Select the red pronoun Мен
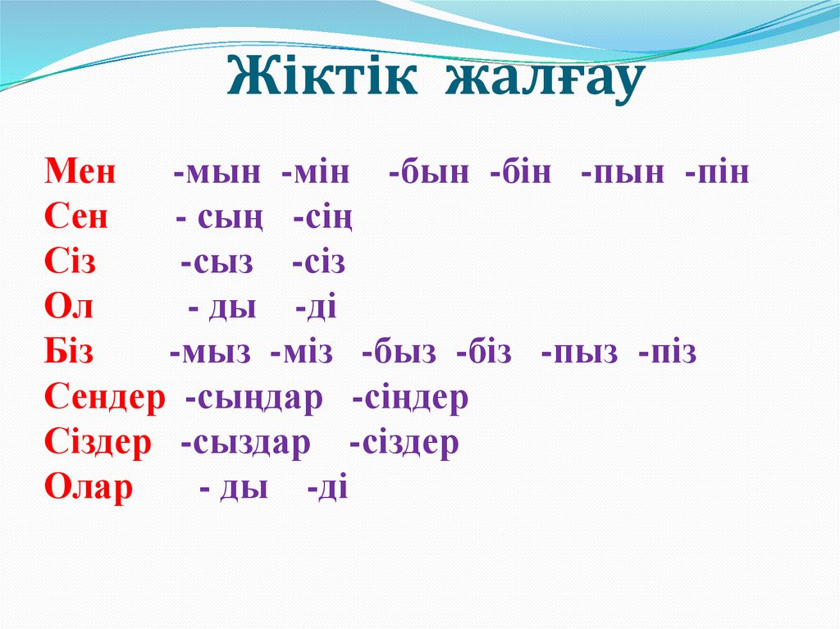click(x=80, y=173)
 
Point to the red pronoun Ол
click(x=69, y=308)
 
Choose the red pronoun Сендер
click(x=104, y=399)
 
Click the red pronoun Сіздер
click(x=98, y=444)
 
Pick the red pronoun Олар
click(x=89, y=489)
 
